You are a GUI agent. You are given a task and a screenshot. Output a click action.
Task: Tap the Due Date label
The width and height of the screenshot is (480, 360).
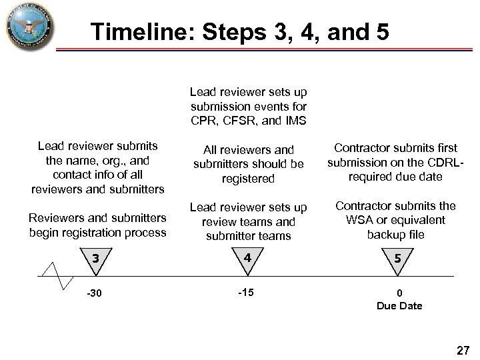point(399,306)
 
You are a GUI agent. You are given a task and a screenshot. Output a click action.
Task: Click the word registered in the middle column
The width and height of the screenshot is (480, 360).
point(248,179)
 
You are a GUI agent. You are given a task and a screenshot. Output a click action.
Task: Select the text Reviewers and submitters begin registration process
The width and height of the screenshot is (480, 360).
point(97,225)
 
